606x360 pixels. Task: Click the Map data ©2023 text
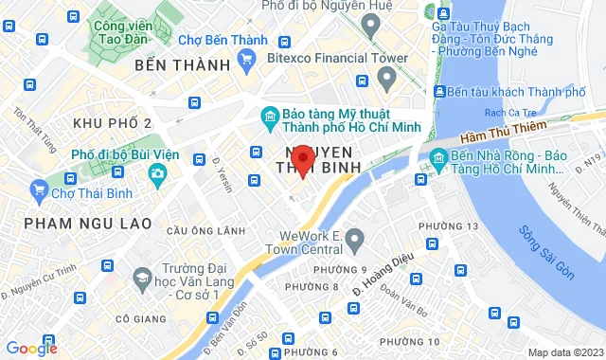(x=564, y=352)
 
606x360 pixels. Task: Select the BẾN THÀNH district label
(x=183, y=65)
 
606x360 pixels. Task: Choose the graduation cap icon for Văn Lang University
(x=142, y=278)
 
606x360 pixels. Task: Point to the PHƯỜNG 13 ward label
(x=448, y=225)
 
